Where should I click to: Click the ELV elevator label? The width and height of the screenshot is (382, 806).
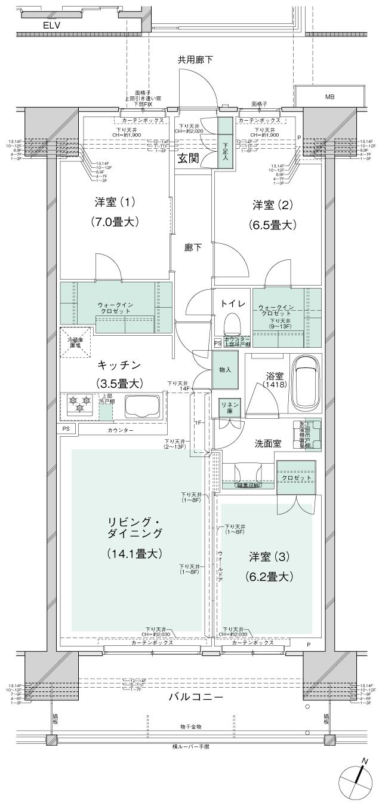point(51,26)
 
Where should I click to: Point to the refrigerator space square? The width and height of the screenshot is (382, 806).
point(75,342)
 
